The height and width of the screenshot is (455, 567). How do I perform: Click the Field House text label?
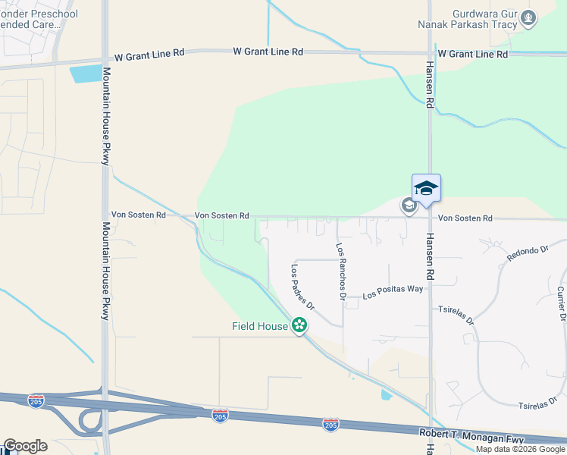tap(260, 327)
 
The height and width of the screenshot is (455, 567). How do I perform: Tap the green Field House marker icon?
tap(300, 326)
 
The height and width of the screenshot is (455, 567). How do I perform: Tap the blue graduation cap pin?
tap(426, 189)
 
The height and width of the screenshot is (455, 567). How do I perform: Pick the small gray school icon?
tap(409, 206)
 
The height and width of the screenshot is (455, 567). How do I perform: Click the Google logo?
tap(25, 446)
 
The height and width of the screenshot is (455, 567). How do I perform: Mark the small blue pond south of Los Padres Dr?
tap(387, 394)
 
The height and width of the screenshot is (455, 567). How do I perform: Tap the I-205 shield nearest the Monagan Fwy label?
tap(330, 424)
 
